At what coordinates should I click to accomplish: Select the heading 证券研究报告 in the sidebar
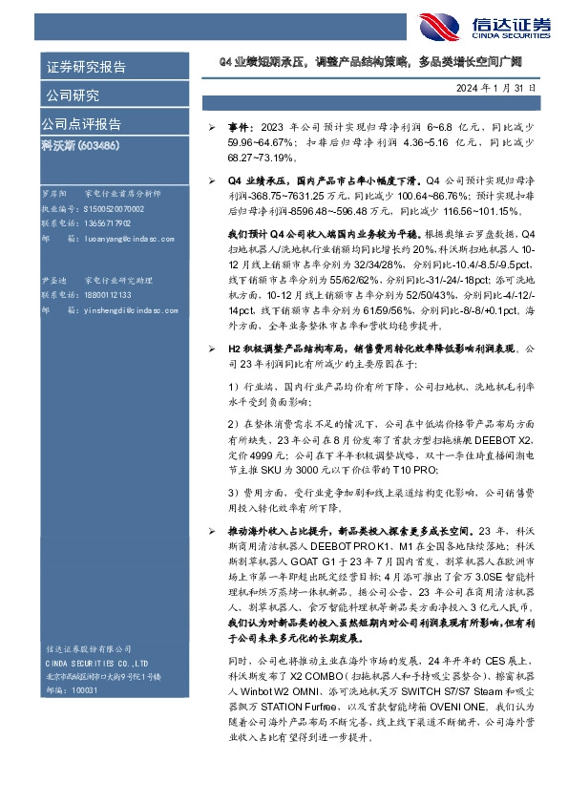coord(86,68)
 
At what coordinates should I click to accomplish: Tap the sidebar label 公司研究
coord(73,95)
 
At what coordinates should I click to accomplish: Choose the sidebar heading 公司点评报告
coord(80,125)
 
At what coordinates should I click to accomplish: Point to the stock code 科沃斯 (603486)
coord(79,146)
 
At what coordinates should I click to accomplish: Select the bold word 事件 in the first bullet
coord(239,127)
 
